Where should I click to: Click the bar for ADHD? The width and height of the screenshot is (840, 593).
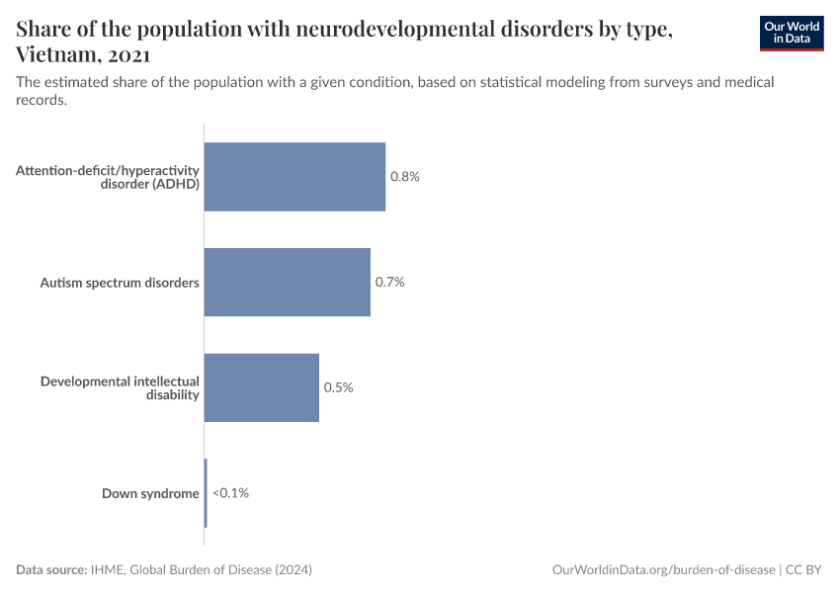point(294,177)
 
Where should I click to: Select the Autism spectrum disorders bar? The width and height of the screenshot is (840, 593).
point(287,282)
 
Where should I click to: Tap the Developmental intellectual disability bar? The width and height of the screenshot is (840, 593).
point(261,387)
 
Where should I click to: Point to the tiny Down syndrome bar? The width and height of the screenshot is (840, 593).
point(206,492)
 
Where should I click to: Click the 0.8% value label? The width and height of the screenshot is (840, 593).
point(405,177)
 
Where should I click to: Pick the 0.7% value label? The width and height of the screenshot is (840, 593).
point(390,282)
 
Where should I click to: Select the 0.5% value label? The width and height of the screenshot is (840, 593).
point(339,387)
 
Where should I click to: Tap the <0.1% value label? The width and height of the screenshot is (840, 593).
point(230,492)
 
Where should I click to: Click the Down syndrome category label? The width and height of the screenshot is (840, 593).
point(150,493)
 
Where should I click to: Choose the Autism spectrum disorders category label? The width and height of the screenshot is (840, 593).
point(120,283)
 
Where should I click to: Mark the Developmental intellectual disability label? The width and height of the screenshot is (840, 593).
point(120,387)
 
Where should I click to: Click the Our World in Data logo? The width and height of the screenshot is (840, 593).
point(791,33)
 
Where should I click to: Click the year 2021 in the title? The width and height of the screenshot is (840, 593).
point(126,54)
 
